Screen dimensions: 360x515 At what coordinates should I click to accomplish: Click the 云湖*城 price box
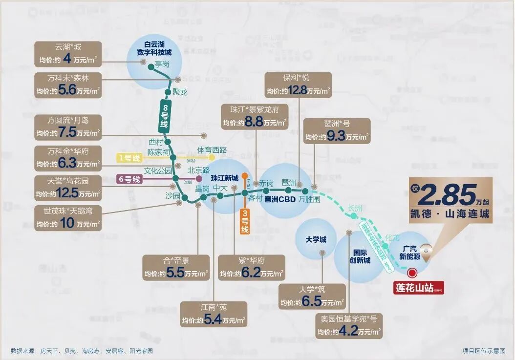[x=68, y=54]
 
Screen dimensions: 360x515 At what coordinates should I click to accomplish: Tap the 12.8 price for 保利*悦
[x=297, y=90]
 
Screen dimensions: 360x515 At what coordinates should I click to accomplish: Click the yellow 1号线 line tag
[x=129, y=158]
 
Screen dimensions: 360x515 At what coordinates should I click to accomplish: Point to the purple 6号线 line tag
[x=129, y=179]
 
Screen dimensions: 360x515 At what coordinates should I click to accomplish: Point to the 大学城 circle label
[x=316, y=240]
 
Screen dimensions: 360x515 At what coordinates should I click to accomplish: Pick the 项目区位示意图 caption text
[x=484, y=350]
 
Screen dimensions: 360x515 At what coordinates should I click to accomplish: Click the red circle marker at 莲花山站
[x=412, y=274]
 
